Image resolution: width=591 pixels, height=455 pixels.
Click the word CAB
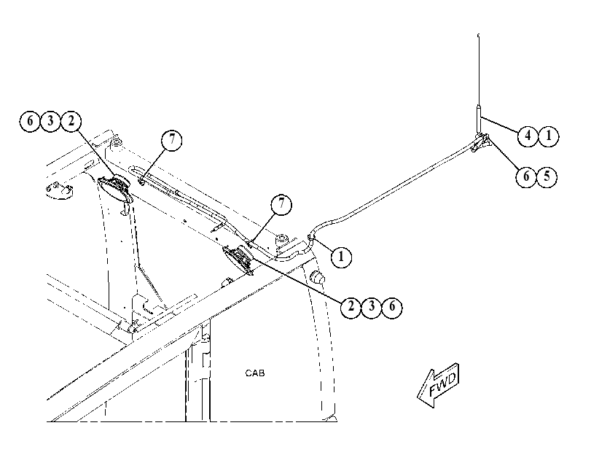point(255,373)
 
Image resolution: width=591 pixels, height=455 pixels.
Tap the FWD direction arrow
point(439,385)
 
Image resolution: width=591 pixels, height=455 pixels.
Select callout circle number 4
point(528,136)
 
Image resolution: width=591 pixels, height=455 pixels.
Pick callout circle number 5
point(547,176)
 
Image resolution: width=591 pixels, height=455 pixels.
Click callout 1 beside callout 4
point(549,136)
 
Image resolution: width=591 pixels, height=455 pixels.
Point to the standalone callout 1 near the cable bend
point(341,257)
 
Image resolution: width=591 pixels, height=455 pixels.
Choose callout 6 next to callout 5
point(526,176)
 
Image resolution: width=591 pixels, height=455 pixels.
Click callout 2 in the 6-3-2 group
point(71,121)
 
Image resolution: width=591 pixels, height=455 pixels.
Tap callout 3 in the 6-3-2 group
point(50,121)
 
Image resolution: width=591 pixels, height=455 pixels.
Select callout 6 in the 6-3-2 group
point(30,121)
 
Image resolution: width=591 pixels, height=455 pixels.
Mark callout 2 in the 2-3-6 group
point(351,307)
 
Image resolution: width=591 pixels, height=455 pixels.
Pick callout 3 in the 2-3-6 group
point(372,307)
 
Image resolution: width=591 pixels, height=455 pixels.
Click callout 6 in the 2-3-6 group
point(392,307)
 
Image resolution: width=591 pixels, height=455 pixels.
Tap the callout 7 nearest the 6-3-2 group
point(171,140)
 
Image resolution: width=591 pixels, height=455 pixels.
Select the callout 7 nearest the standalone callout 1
point(281,204)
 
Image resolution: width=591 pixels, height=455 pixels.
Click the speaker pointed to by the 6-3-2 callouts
point(115,189)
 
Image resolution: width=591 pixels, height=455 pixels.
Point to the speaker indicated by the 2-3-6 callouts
point(238,259)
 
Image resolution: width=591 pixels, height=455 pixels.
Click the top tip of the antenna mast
point(478,35)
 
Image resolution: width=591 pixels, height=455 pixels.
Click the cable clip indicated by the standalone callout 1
point(310,237)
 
